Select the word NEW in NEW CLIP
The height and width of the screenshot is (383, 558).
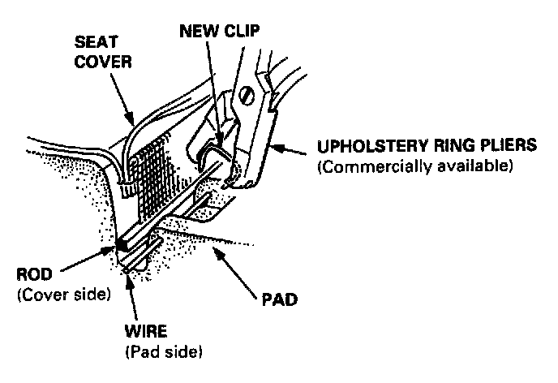click(198, 33)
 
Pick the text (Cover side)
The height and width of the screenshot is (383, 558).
click(63, 294)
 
